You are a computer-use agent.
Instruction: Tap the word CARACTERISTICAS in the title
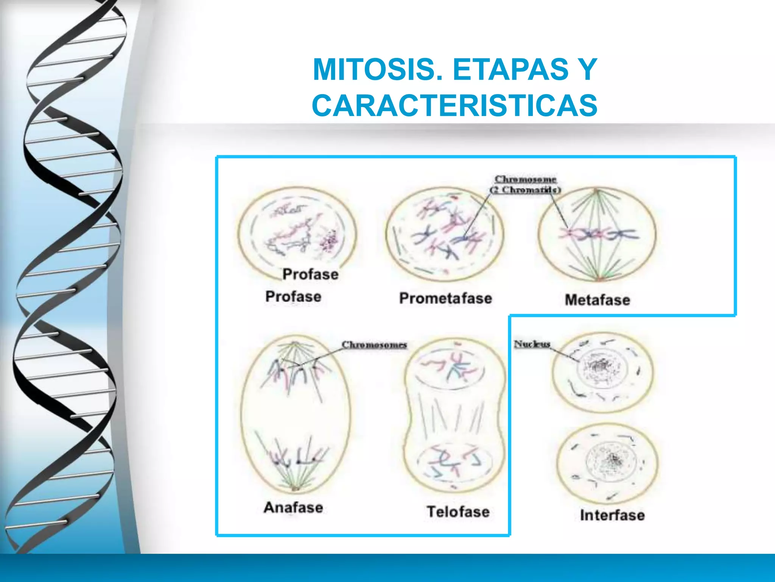(x=454, y=105)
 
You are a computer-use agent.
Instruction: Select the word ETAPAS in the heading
(x=510, y=69)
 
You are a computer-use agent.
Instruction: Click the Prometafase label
(x=445, y=298)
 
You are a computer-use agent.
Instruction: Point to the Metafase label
(x=597, y=300)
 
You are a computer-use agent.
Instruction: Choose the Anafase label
(x=293, y=507)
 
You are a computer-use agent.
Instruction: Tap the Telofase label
(x=458, y=512)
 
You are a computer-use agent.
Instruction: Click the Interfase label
(x=612, y=515)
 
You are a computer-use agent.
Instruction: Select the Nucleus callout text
(x=532, y=344)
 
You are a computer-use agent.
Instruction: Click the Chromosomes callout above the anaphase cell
(x=374, y=345)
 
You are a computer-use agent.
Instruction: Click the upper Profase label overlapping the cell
(x=310, y=274)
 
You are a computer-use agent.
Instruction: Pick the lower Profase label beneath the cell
(x=293, y=296)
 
